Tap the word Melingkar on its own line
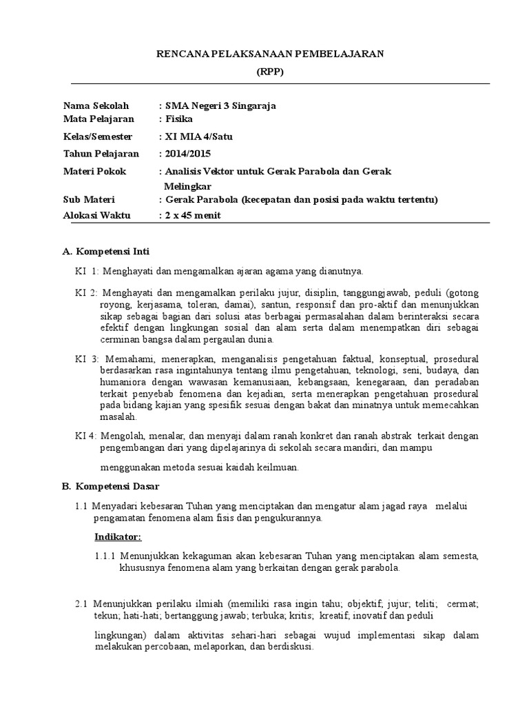(187, 186)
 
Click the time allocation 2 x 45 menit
(193, 216)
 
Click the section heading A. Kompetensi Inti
(105, 252)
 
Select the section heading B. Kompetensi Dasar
(109, 487)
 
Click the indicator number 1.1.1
(105, 556)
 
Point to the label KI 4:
(86, 436)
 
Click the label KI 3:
(87, 360)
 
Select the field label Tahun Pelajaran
(101, 154)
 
